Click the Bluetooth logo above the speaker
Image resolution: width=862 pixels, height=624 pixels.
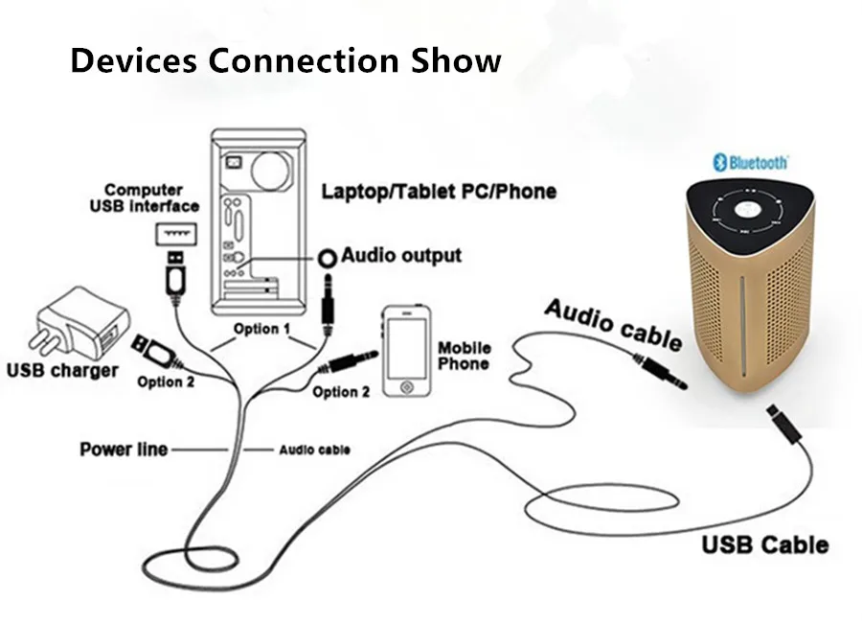[x=750, y=162]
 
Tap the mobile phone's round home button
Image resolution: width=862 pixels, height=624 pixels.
[x=407, y=387]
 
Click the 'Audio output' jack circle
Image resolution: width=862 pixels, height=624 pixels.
[x=328, y=258]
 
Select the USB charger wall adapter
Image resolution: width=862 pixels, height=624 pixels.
[x=79, y=323]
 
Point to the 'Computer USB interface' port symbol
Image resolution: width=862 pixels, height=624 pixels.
[x=176, y=234]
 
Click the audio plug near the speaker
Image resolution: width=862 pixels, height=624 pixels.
[x=660, y=372]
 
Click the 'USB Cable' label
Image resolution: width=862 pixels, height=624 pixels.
[x=765, y=544]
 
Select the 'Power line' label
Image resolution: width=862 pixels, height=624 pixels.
[x=124, y=449]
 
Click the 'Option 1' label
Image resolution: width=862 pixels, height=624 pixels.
[x=261, y=329]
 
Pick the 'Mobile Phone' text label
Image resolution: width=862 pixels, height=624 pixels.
[x=464, y=356]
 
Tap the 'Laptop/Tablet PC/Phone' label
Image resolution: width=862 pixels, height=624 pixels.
[x=439, y=192]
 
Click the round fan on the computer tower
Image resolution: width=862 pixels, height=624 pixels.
[x=270, y=169]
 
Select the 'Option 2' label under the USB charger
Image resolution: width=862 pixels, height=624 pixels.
[x=166, y=381]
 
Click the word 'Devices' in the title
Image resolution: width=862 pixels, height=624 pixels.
[x=133, y=60]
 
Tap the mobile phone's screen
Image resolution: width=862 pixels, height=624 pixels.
[x=407, y=347]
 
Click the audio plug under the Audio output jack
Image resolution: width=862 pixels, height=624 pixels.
[x=329, y=304]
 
